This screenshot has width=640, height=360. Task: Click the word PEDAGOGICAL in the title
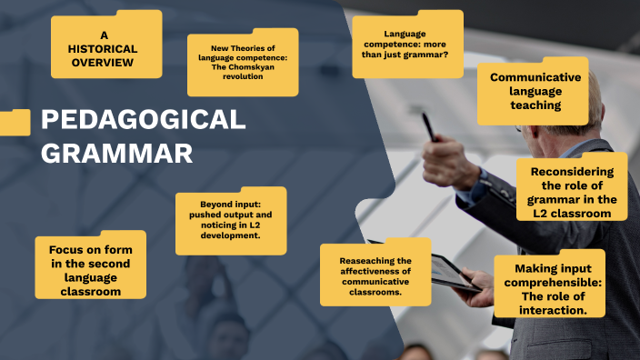pyautogui.click(x=144, y=120)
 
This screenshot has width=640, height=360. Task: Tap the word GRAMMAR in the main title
pyautogui.click(x=117, y=153)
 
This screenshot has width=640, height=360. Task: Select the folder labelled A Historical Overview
pyautogui.click(x=105, y=45)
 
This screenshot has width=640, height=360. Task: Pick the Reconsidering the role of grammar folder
pyautogui.click(x=572, y=192)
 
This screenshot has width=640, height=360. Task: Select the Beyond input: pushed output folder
pyautogui.click(x=230, y=219)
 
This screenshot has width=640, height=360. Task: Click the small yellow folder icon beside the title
pyautogui.click(x=15, y=122)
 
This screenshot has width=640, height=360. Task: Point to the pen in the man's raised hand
pyautogui.click(x=428, y=126)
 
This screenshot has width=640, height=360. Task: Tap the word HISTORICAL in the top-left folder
pyautogui.click(x=105, y=47)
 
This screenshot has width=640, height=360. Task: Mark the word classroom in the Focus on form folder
pyautogui.click(x=90, y=292)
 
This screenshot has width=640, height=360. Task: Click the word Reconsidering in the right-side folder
pyautogui.click(x=572, y=171)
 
